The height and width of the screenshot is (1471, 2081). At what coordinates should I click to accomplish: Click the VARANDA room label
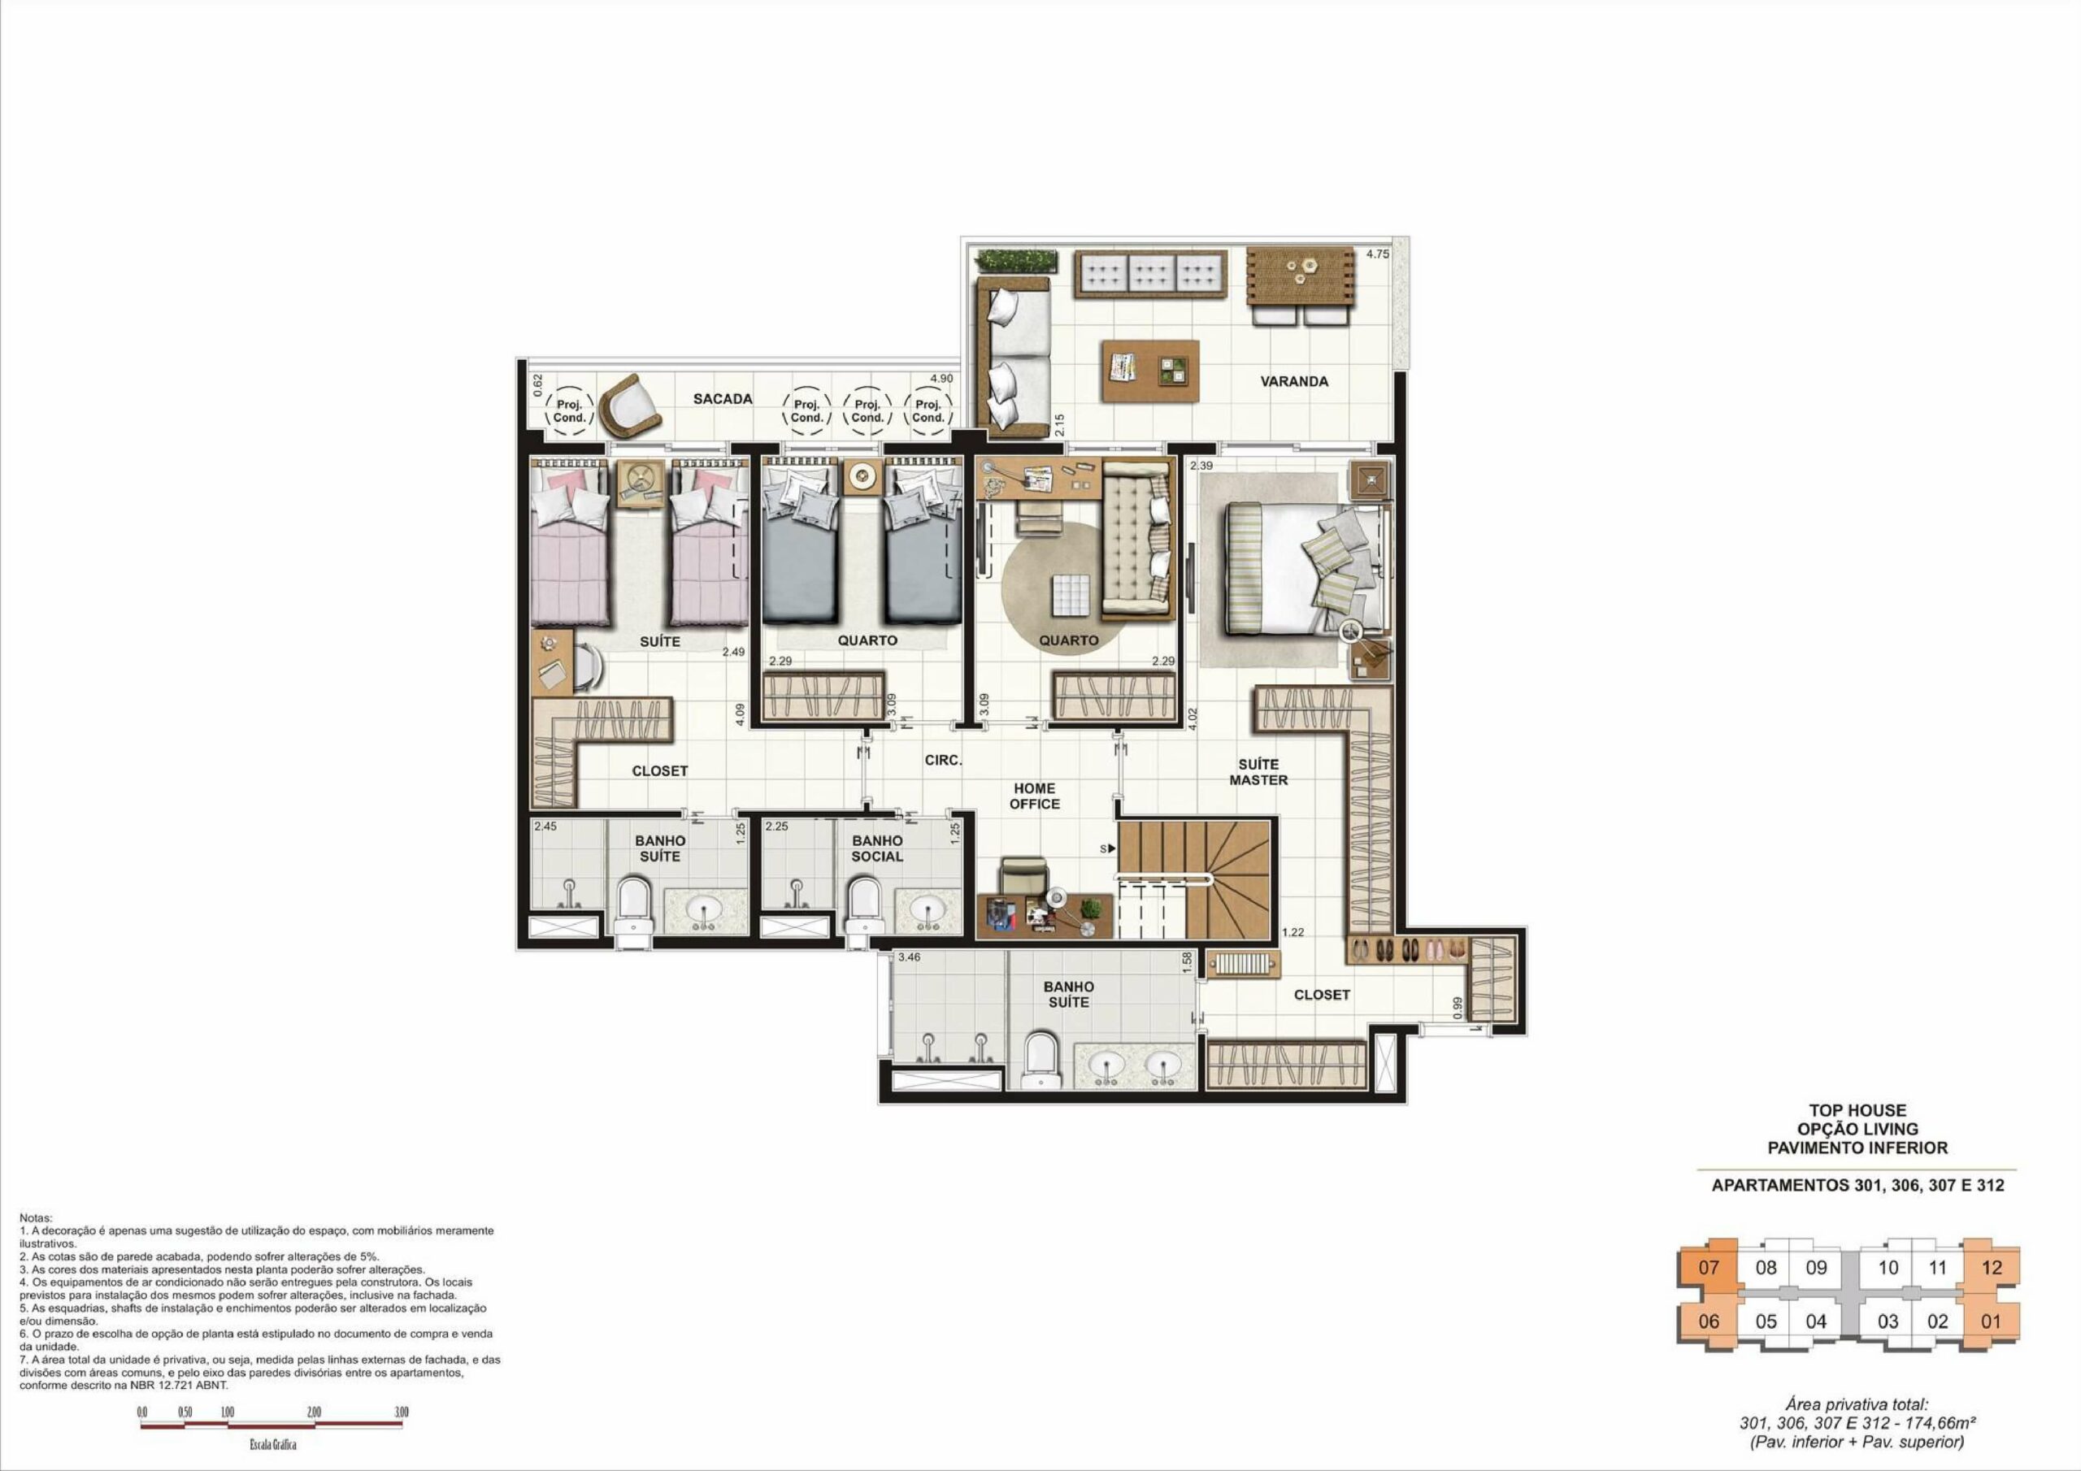click(1293, 382)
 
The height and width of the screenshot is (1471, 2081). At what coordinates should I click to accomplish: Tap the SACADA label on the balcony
click(723, 399)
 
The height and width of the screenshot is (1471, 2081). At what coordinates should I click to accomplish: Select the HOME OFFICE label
click(1034, 796)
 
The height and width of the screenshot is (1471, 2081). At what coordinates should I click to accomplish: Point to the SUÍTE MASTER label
click(1258, 772)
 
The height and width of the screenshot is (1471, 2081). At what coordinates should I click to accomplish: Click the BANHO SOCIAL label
click(876, 848)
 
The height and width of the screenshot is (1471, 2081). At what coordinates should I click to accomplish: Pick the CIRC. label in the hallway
click(943, 761)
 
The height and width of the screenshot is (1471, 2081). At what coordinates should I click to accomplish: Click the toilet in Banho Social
click(865, 907)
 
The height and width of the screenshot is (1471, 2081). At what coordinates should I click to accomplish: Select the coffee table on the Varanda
click(1150, 371)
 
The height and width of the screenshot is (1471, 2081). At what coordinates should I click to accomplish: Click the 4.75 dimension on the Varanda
click(1377, 254)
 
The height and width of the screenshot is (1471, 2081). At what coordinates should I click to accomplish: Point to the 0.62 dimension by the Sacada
click(537, 386)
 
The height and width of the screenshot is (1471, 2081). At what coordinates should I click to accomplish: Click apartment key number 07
click(1709, 1268)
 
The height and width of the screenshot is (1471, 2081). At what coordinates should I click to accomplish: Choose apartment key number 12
click(1992, 1268)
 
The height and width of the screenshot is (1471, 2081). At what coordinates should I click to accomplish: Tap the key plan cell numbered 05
click(1766, 1321)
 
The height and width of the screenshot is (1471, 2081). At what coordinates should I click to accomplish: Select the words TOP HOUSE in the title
click(1857, 1110)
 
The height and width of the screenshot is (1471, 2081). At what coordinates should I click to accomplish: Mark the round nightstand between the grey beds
click(859, 475)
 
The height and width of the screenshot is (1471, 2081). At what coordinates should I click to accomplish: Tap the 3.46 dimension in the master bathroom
click(909, 957)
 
